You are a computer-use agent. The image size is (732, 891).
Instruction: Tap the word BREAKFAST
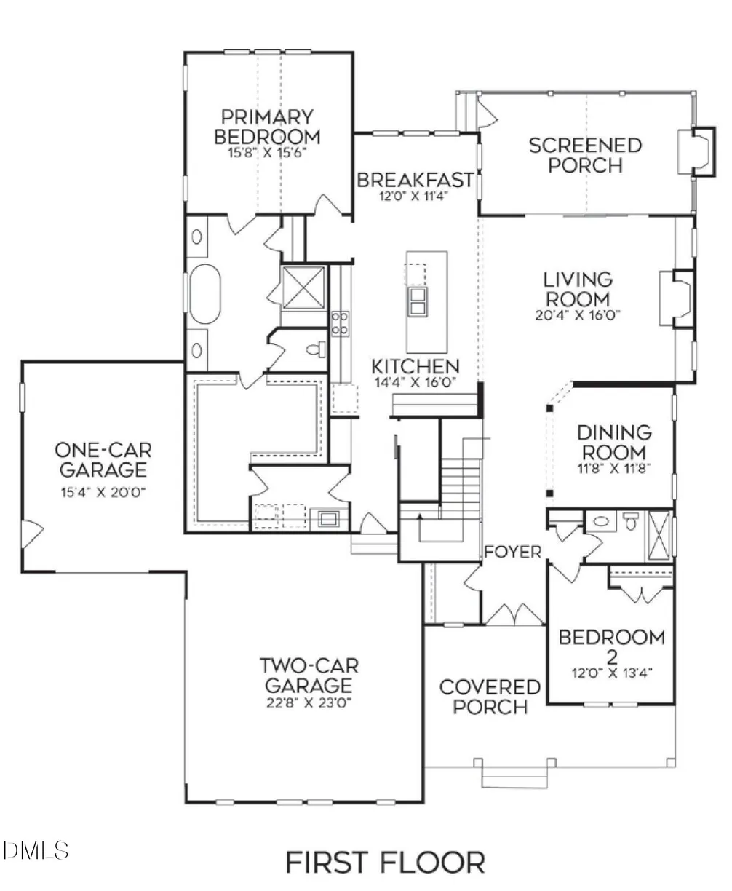pyautogui.click(x=415, y=180)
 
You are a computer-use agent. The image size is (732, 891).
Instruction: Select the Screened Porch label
pyautogui.click(x=585, y=155)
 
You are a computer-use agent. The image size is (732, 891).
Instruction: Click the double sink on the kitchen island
pyautogui.click(x=418, y=300)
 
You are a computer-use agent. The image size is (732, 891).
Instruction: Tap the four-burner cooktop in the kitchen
pyautogui.click(x=340, y=323)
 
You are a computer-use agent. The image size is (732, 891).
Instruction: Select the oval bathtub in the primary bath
pyautogui.click(x=204, y=294)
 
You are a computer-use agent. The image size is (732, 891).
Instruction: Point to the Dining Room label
pyautogui.click(x=615, y=442)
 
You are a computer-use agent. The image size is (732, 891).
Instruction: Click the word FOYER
pyautogui.click(x=513, y=552)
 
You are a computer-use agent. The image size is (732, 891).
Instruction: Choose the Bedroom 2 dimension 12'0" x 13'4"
pyautogui.click(x=611, y=673)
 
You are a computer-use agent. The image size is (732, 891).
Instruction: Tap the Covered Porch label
pyautogui.click(x=490, y=697)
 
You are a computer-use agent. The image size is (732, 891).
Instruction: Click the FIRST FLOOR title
pyautogui.click(x=384, y=862)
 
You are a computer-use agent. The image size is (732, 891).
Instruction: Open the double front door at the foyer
pyautogui.click(x=514, y=615)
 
